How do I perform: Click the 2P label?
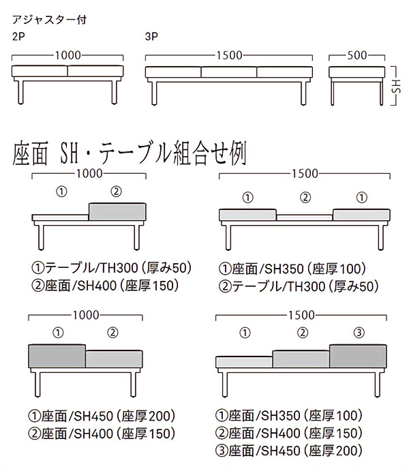tap(18, 36)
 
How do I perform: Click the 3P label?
tap(151, 36)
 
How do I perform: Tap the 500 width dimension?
tap(357, 55)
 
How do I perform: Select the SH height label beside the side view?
tap(396, 86)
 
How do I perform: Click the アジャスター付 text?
tap(49, 20)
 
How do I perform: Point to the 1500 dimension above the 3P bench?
tap(229, 55)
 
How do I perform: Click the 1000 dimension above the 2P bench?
tap(67, 55)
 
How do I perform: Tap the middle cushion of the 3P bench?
tap(229, 72)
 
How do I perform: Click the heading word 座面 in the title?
tap(30, 154)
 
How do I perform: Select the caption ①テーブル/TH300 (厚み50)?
tap(111, 268)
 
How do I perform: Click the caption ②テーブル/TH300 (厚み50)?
tap(299, 286)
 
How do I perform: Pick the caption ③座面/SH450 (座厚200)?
tap(289, 451)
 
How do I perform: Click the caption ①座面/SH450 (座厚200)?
tap(102, 416)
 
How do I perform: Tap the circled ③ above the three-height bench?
tap(359, 333)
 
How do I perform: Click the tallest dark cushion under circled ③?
tap(358, 356)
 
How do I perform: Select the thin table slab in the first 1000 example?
tap(60, 217)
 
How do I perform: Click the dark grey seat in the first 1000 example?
tap(117, 212)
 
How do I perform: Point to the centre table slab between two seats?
tap(305, 217)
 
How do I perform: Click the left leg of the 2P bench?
tap(20, 92)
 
